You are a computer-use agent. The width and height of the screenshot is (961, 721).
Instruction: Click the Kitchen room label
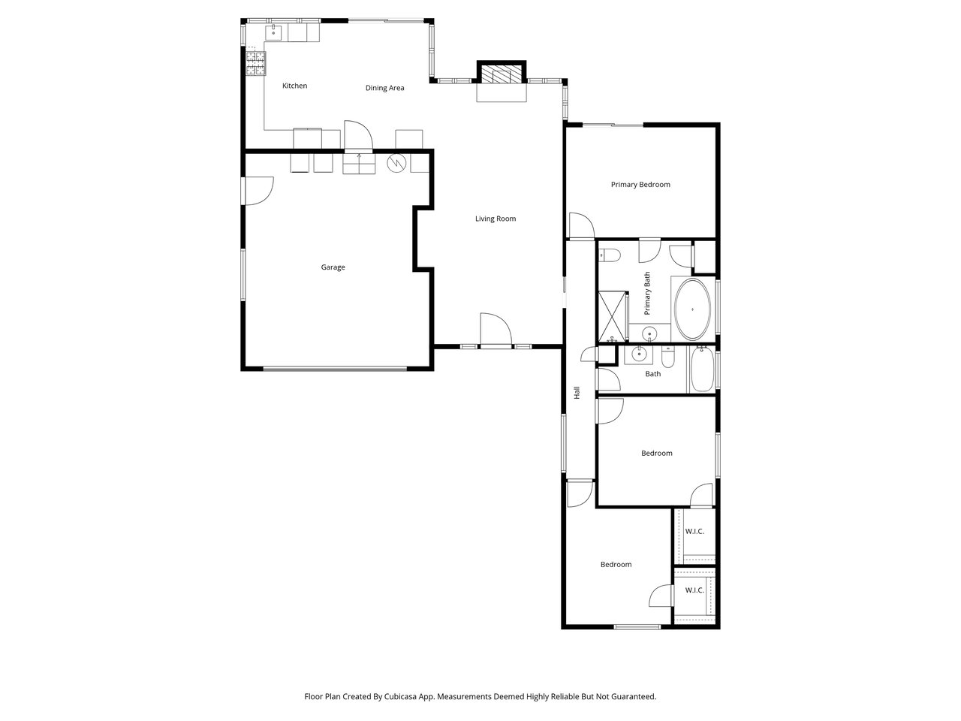click(x=294, y=86)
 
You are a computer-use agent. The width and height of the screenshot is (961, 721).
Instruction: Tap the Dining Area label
click(x=385, y=88)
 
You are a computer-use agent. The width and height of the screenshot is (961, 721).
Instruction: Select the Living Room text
click(x=496, y=219)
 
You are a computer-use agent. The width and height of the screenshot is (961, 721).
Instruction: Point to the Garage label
click(x=333, y=267)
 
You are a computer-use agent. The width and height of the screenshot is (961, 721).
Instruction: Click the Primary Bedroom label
click(x=640, y=185)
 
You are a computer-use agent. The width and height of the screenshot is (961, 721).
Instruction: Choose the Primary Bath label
click(x=647, y=294)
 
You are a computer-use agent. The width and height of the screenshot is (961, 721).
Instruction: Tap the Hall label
click(x=577, y=392)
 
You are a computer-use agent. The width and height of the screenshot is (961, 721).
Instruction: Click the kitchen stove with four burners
click(x=256, y=64)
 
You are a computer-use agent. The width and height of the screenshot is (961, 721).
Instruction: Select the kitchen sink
click(x=273, y=32)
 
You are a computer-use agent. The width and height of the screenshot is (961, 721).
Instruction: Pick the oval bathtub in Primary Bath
click(x=692, y=309)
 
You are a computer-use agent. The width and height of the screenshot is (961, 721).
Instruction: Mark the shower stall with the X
click(x=612, y=316)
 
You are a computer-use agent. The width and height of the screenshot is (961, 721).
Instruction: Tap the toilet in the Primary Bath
click(x=610, y=255)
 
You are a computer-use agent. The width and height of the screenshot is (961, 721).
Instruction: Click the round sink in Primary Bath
click(x=649, y=334)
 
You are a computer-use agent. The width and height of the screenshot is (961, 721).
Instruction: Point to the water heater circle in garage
click(x=396, y=163)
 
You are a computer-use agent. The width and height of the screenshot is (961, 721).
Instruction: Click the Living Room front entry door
click(x=496, y=331)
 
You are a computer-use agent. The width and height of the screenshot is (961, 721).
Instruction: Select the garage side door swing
click(x=259, y=191)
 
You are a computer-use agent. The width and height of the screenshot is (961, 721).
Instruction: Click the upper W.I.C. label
click(x=694, y=532)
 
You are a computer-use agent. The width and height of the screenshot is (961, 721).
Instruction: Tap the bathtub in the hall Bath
click(x=702, y=369)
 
